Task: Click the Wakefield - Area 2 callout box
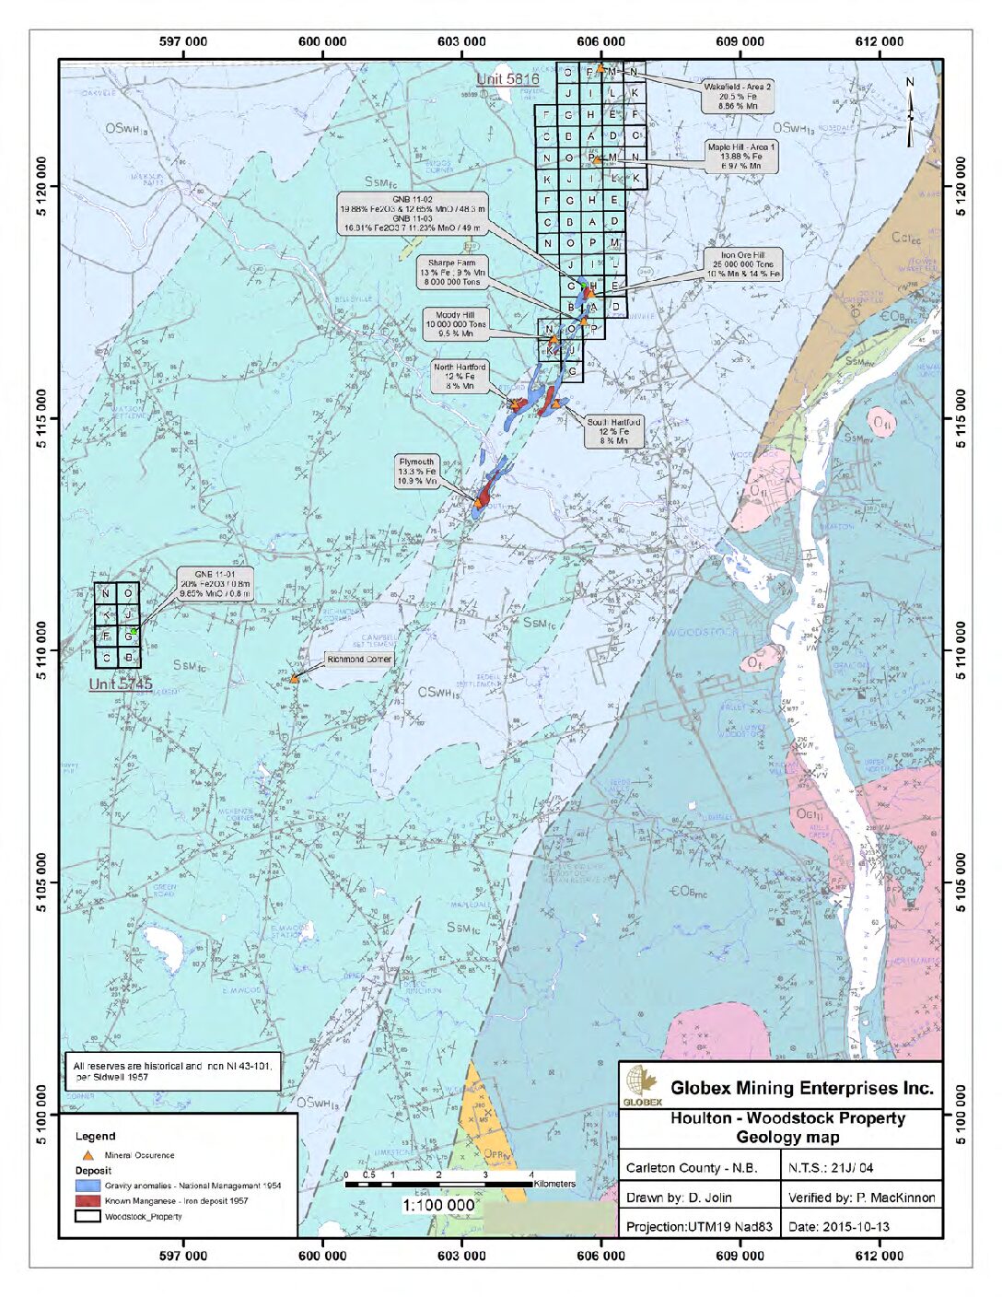tap(737, 96)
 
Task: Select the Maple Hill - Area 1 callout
tap(740, 157)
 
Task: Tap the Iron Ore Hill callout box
tap(742, 264)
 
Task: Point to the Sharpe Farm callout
tap(451, 273)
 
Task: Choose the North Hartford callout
tap(460, 377)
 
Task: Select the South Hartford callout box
tap(613, 431)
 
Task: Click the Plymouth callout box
tap(416, 471)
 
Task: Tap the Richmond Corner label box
tap(358, 660)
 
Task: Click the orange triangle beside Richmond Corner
tap(295, 679)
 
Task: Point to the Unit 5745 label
tap(120, 684)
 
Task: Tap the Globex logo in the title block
tap(642, 1086)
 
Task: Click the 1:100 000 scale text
tap(438, 1205)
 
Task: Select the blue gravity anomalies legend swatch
tap(87, 1186)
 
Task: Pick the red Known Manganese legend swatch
tap(87, 1201)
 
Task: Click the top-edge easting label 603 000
tap(461, 41)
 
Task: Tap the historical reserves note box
tap(172, 1070)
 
